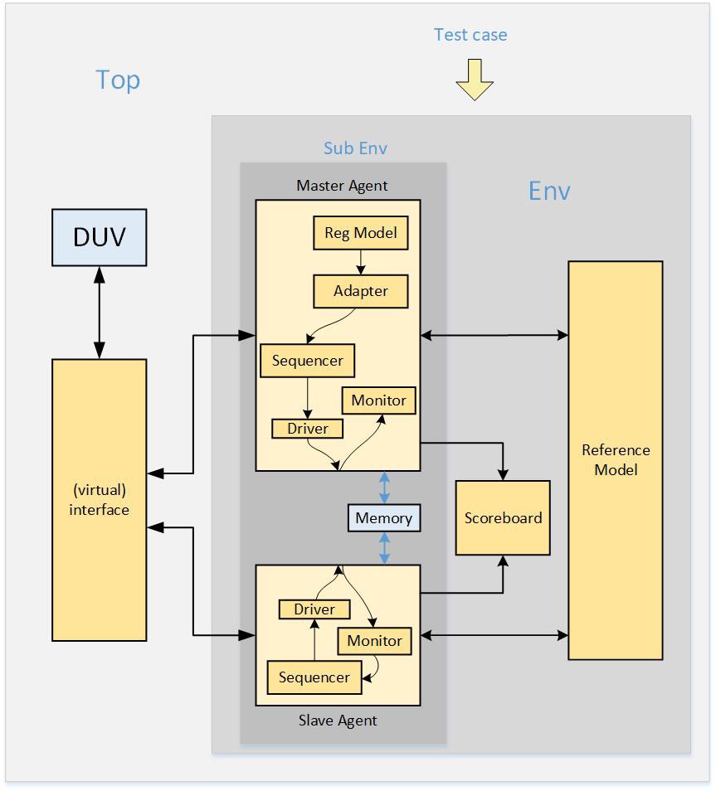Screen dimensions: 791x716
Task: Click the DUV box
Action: point(100,237)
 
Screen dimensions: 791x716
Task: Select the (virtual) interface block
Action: point(100,499)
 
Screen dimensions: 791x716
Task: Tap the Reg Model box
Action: point(360,233)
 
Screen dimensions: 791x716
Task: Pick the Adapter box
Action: point(360,291)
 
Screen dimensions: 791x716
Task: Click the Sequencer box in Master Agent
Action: point(308,361)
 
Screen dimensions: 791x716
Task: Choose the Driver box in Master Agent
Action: point(308,429)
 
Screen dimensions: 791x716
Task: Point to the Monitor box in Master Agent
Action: point(378,400)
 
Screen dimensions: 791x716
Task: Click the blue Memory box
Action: point(383,518)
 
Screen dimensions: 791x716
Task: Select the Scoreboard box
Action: point(503,518)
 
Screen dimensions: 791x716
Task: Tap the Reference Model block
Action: point(615,460)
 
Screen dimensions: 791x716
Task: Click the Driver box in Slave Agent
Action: point(314,609)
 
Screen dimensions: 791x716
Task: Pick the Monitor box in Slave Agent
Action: point(374,641)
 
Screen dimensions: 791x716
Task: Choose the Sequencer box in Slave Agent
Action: point(314,677)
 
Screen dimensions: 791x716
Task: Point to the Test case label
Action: point(470,35)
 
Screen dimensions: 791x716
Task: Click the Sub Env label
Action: point(355,148)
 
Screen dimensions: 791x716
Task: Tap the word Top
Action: point(118,80)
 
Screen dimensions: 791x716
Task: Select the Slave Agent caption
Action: point(338,721)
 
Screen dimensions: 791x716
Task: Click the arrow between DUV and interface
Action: point(100,313)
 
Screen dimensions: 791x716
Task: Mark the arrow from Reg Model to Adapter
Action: point(360,262)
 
